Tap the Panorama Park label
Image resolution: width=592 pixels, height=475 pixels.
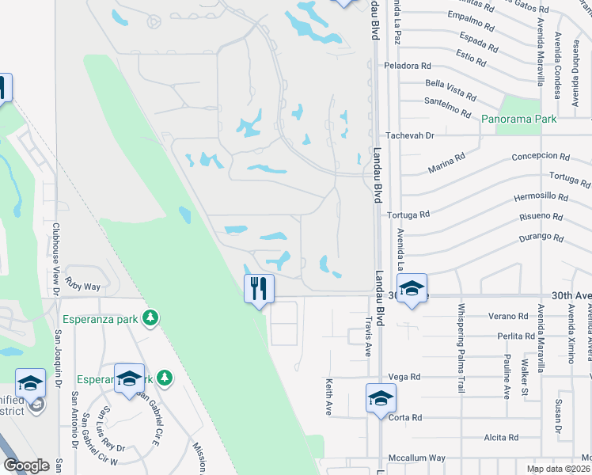pos(519,119)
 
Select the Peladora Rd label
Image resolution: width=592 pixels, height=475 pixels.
pos(408,66)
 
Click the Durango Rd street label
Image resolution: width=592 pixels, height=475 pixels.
pos(542,237)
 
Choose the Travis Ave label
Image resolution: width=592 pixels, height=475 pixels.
pos(368,336)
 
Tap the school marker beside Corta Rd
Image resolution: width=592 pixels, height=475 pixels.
pos(381,398)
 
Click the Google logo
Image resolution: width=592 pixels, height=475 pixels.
pos(27,465)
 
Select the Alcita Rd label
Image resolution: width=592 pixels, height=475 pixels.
pos(501,437)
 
